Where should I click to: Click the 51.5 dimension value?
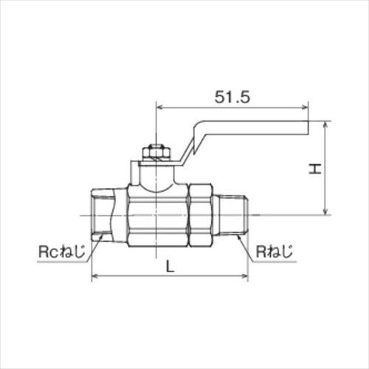(232, 97)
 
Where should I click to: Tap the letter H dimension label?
(315, 168)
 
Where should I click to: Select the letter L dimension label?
(170, 266)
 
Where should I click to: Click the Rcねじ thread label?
(62, 251)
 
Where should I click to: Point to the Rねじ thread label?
(275, 251)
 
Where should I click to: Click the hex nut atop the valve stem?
(156, 153)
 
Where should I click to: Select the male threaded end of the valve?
(234, 215)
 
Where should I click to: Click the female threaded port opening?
(101, 215)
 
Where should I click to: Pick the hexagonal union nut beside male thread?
(200, 215)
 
